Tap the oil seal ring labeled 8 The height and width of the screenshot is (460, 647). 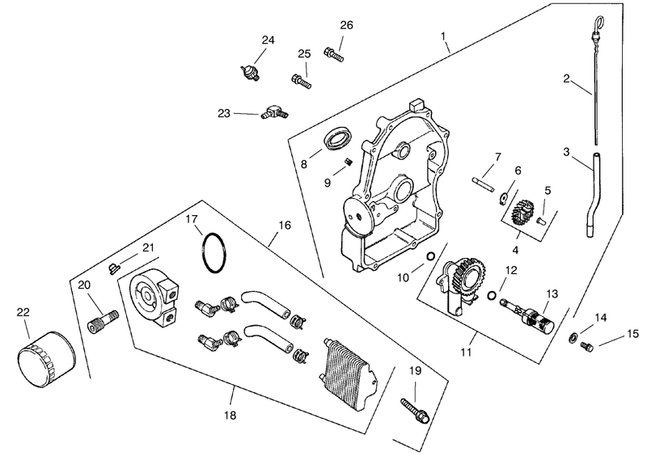pyautogui.click(x=338, y=138)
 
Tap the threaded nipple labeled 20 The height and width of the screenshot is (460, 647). pyautogui.click(x=104, y=322)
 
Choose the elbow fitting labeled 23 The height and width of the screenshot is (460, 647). pyautogui.click(x=274, y=112)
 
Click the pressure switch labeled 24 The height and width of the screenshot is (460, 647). pyautogui.click(x=250, y=71)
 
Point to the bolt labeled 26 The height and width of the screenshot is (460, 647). pyautogui.click(x=334, y=55)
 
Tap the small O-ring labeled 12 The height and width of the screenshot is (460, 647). pyautogui.click(x=492, y=295)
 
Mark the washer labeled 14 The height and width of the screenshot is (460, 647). pyautogui.click(x=573, y=337)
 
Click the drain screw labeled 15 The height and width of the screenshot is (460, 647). pyautogui.click(x=587, y=346)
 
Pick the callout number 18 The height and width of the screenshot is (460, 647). pyautogui.click(x=230, y=416)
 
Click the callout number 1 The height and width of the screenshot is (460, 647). pyautogui.click(x=443, y=36)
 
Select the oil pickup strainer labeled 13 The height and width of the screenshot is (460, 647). pyautogui.click(x=527, y=314)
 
